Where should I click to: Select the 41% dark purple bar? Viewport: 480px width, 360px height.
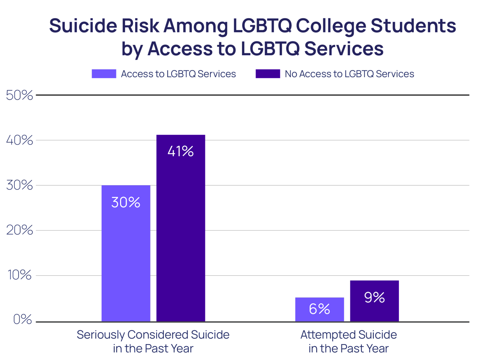click(x=181, y=234)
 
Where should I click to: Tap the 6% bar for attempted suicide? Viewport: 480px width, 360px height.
click(x=319, y=315)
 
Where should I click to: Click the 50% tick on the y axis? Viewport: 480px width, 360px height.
click(x=19, y=95)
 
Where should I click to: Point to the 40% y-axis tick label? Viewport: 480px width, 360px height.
click(x=19, y=140)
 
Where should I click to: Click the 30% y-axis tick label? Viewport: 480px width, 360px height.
click(x=19, y=185)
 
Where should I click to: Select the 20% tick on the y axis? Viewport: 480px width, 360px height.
click(x=19, y=230)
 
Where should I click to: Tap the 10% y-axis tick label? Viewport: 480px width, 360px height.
click(x=19, y=275)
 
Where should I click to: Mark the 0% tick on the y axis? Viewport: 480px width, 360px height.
click(x=22, y=320)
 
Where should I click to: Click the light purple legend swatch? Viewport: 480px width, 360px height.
click(x=104, y=74)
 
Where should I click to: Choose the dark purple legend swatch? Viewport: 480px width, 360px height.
click(x=268, y=74)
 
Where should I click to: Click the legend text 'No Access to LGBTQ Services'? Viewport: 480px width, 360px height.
click(x=349, y=74)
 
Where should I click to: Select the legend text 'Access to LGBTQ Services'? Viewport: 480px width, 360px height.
click(x=178, y=74)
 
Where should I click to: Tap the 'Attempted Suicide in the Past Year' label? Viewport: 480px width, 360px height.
click(x=349, y=341)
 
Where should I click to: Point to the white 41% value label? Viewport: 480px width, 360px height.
click(x=181, y=151)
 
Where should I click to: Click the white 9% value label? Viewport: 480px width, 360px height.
click(x=374, y=297)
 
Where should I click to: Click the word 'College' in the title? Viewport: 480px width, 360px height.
click(x=331, y=26)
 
